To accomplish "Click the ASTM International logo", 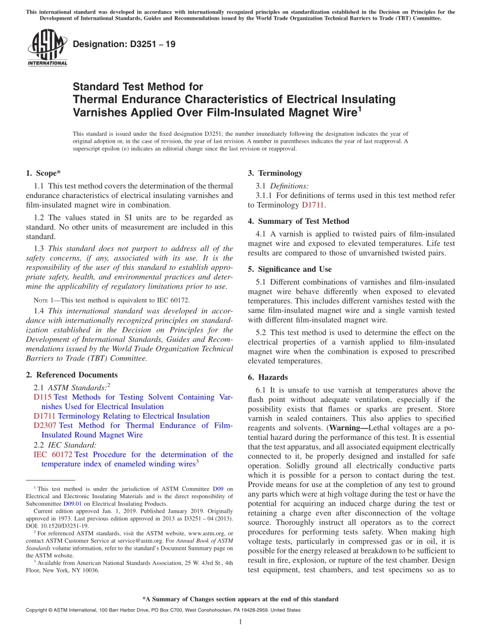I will click(x=47, y=48).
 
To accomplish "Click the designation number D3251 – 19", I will click(x=125, y=44).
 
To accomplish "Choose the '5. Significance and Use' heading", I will click(x=290, y=269).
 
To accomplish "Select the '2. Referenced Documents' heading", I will click(x=72, y=375).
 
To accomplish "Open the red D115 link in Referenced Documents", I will click(x=43, y=397).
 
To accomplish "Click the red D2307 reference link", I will click(x=45, y=426).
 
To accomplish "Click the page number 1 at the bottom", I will click(x=240, y=621).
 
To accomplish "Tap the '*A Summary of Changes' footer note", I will click(x=240, y=599).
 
